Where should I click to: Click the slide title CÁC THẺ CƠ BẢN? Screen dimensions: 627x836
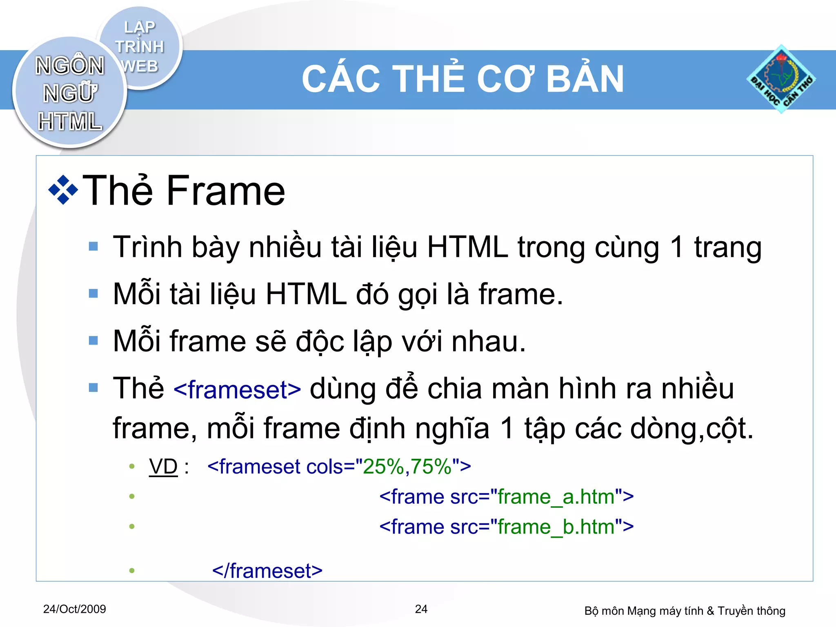coord(462,79)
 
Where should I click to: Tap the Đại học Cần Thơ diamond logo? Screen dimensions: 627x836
coord(781,79)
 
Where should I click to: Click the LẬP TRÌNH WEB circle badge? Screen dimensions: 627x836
coord(140,47)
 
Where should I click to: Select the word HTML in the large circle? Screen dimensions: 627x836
coord(70,121)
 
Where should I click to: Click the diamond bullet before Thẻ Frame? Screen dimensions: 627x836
coord(63,190)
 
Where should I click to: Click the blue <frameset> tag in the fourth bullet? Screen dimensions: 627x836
coord(237,389)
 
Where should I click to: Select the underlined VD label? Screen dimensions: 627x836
coord(163,466)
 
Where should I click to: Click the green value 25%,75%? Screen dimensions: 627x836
coord(407,466)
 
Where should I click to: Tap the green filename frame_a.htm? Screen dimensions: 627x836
coord(556,497)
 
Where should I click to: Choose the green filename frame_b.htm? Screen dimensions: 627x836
coord(556,527)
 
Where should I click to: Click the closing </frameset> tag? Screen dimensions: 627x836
coord(267,571)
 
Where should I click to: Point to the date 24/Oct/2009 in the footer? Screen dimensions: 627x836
coord(74,609)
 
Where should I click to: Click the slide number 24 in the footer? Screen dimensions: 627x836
coord(421,609)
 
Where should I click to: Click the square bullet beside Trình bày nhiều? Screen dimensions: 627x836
coord(93,246)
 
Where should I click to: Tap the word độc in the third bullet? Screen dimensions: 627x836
coord(320,341)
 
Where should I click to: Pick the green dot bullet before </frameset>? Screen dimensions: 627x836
coord(131,571)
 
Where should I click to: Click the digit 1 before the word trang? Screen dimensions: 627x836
coord(676,247)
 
